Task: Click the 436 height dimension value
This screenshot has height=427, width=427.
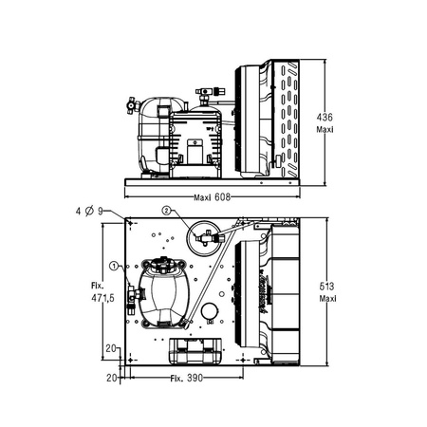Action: coord(325,118)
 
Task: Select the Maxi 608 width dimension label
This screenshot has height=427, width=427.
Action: coord(212,197)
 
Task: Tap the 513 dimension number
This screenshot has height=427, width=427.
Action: coord(326,287)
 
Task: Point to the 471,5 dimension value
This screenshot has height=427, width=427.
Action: coord(102,298)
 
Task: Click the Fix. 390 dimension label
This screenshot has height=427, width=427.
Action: coord(186,378)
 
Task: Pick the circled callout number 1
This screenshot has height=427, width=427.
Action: coord(114,266)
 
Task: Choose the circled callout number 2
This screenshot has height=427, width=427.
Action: coord(167,210)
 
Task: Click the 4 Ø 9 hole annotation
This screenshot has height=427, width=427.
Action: coord(89,211)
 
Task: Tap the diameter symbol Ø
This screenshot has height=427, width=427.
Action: coord(89,211)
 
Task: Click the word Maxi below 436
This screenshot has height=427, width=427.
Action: coord(325,130)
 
